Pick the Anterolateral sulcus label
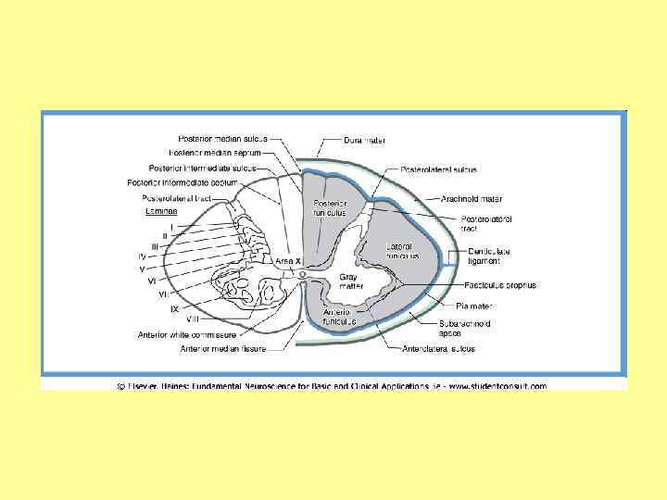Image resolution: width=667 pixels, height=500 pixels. click(x=438, y=349)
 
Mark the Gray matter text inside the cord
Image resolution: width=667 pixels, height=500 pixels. click(x=350, y=281)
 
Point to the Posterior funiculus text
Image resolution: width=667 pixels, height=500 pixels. click(x=329, y=207)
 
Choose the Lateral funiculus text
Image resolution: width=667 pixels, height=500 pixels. click(x=403, y=251)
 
